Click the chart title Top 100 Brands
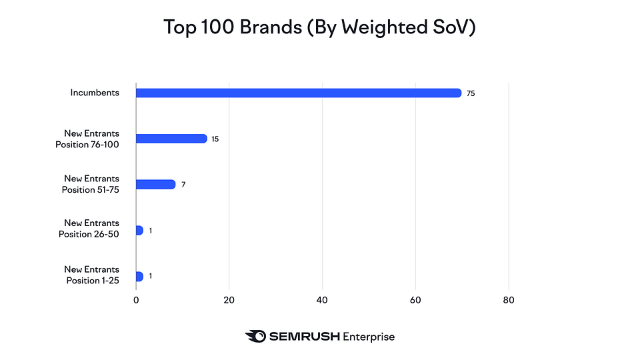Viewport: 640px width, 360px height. (x=319, y=27)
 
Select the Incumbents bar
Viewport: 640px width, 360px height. (x=298, y=93)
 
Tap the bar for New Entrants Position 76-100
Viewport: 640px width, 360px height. (x=171, y=139)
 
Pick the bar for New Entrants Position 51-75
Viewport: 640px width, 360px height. (x=155, y=184)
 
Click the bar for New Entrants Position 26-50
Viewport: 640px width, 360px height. (x=139, y=230)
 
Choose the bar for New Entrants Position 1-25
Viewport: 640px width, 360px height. (x=139, y=276)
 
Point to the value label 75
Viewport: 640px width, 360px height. (x=471, y=94)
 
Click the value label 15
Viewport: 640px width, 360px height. (x=215, y=139)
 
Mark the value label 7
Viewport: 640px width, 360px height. (x=183, y=185)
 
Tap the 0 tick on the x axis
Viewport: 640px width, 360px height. (x=136, y=300)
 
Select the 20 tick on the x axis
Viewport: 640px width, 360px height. (x=229, y=300)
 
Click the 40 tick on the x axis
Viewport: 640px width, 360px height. (x=323, y=300)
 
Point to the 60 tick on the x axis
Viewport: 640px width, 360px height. (x=415, y=300)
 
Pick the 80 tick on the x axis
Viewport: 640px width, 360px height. (x=509, y=300)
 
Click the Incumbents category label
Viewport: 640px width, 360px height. (x=95, y=93)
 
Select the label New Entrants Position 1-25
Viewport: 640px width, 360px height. (x=91, y=275)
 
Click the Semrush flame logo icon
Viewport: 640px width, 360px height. (x=255, y=337)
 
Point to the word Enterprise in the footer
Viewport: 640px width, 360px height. (x=368, y=337)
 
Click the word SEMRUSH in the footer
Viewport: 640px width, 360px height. (x=304, y=337)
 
